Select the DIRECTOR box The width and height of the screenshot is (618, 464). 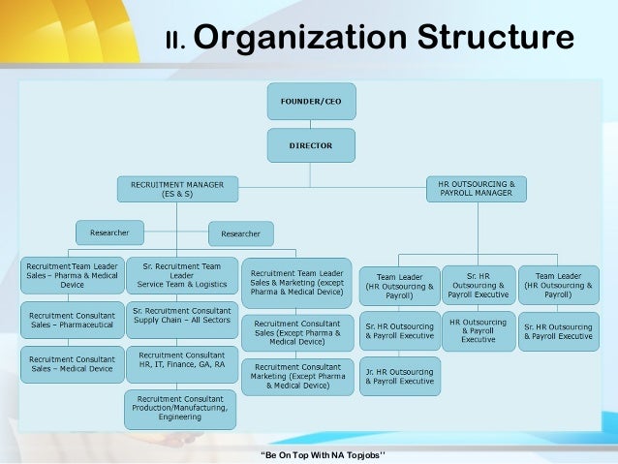click(x=310, y=145)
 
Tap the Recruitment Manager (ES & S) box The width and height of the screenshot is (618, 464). click(x=177, y=188)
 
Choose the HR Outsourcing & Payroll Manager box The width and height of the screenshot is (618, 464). click(x=477, y=188)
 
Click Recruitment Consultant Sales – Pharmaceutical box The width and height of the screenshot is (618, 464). click(x=73, y=322)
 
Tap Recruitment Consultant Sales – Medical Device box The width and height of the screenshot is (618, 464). click(x=73, y=363)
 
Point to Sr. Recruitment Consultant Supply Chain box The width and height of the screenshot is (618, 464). click(x=181, y=316)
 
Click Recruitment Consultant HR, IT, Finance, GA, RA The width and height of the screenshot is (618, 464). click(x=181, y=362)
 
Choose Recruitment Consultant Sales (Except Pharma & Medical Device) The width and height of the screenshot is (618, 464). click(x=296, y=332)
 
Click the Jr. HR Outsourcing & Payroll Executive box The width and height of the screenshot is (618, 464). click(x=399, y=376)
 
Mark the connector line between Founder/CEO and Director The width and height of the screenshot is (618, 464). click(x=310, y=123)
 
